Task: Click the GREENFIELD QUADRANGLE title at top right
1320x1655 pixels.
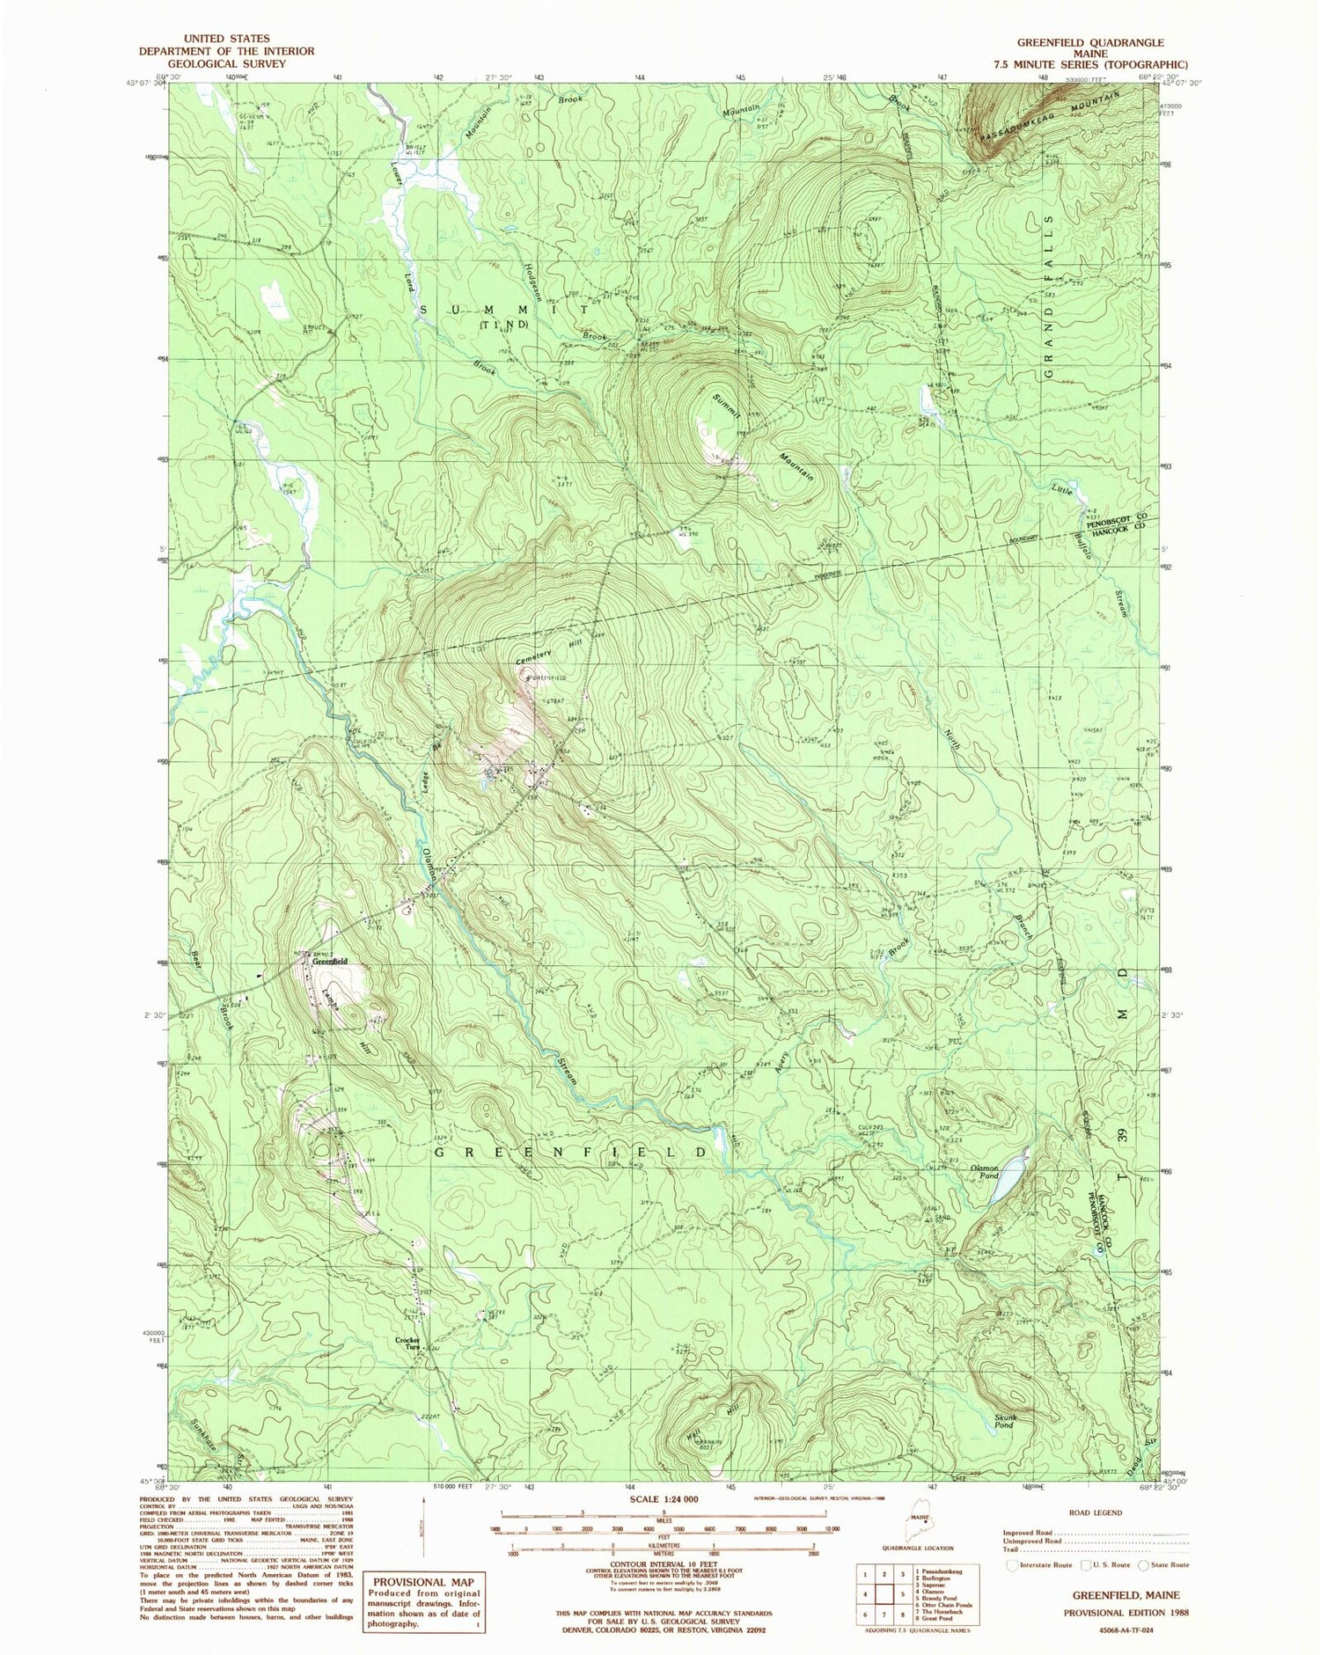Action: point(1089,42)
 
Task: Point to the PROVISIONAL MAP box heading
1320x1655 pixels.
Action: point(424,1581)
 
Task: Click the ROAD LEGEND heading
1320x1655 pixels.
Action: point(1095,1512)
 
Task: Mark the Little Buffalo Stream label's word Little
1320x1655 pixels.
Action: point(1064,489)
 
